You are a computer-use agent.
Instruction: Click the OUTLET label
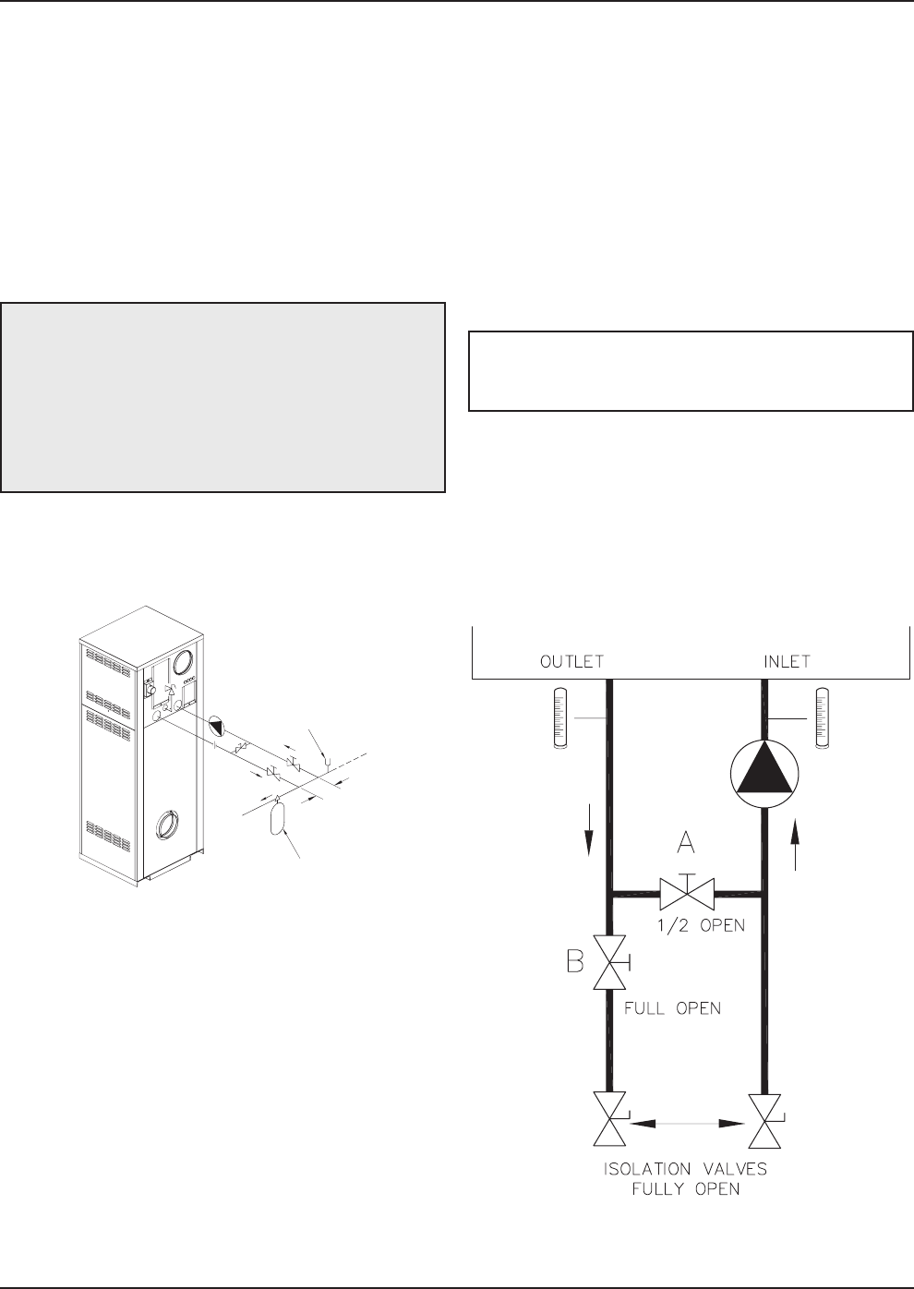click(x=571, y=662)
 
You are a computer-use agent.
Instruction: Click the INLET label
click(x=787, y=662)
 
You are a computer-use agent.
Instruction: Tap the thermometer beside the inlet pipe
click(x=823, y=717)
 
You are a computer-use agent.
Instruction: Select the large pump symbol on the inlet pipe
click(x=764, y=774)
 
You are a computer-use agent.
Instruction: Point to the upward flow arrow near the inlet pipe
click(x=796, y=844)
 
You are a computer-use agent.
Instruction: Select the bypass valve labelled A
click(x=687, y=893)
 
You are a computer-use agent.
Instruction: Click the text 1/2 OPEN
click(x=701, y=925)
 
